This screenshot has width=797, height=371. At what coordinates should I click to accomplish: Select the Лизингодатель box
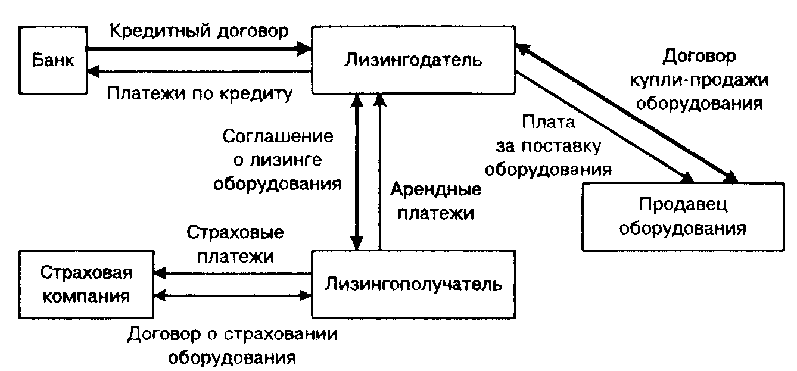(x=413, y=60)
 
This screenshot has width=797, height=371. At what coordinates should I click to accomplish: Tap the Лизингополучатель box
(x=413, y=283)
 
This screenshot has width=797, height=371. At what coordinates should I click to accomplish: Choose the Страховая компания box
(x=86, y=284)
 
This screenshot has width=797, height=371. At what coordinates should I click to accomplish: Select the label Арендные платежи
(x=436, y=202)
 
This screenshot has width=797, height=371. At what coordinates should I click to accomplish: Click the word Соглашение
(x=278, y=136)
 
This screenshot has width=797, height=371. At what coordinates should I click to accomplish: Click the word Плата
(x=549, y=123)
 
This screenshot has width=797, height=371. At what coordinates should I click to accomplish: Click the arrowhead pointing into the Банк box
(x=93, y=71)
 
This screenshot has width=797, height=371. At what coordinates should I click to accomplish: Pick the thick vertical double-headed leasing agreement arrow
(x=356, y=173)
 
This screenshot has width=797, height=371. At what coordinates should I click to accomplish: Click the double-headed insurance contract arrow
(x=233, y=295)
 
